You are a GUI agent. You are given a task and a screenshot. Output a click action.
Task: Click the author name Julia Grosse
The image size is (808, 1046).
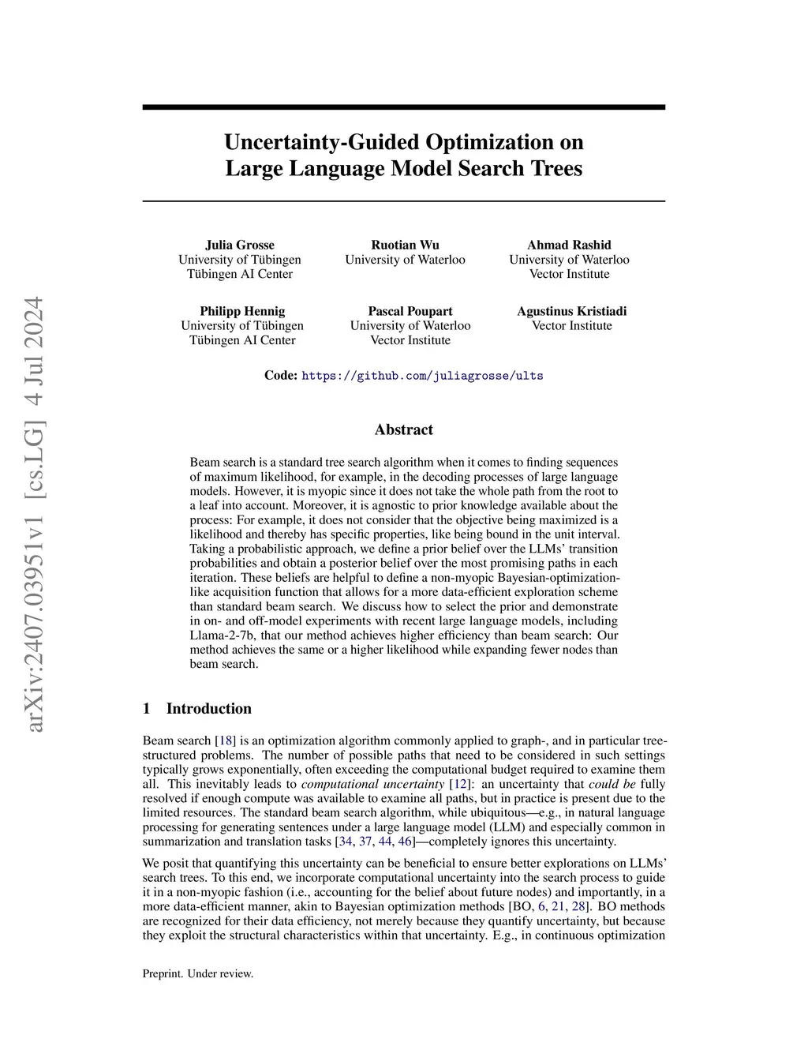click(240, 245)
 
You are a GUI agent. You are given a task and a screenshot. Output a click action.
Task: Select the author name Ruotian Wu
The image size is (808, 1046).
click(405, 245)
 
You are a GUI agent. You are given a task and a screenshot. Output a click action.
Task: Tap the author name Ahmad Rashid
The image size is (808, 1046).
click(569, 245)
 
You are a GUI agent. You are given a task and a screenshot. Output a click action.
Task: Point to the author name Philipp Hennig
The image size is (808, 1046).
click(242, 311)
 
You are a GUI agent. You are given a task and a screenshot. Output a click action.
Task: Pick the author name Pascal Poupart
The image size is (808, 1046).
click(410, 311)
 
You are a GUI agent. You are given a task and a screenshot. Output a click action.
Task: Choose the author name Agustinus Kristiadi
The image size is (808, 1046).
click(572, 311)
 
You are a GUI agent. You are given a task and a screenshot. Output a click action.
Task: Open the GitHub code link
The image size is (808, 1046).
click(422, 376)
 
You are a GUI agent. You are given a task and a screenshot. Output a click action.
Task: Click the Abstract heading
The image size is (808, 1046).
click(403, 429)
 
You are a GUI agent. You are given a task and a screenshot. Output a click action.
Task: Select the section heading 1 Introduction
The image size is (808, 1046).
click(197, 708)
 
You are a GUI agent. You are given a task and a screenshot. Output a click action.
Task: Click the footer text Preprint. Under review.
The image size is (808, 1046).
click(198, 973)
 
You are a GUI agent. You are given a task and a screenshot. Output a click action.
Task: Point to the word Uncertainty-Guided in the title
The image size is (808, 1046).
click(323, 142)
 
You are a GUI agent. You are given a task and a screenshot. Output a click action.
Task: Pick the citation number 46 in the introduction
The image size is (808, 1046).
click(406, 842)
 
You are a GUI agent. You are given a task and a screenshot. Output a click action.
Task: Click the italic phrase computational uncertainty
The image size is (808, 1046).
click(372, 784)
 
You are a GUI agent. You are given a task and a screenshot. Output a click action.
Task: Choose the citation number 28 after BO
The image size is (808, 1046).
click(578, 906)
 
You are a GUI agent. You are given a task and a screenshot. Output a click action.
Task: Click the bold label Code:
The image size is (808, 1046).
click(280, 376)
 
